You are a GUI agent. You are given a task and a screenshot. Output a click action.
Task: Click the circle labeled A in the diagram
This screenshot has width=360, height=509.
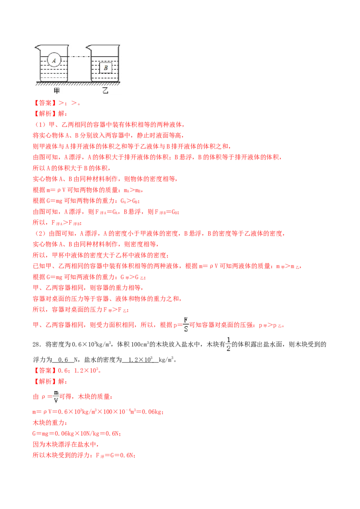(x=54, y=60)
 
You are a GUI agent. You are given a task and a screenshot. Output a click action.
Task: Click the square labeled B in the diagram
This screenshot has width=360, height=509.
(x=106, y=68)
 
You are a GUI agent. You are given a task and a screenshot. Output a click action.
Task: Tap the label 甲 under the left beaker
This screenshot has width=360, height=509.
(x=56, y=90)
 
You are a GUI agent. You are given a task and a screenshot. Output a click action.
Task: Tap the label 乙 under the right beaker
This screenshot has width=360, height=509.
(x=105, y=90)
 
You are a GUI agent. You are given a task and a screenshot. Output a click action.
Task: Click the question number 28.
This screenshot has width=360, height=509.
(x=36, y=344)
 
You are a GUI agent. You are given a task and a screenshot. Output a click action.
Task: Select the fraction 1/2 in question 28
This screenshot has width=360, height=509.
(x=229, y=344)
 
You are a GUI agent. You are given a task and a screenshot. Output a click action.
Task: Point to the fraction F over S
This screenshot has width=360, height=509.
(x=186, y=325)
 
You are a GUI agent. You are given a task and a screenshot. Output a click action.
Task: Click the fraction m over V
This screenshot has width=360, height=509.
(x=56, y=397)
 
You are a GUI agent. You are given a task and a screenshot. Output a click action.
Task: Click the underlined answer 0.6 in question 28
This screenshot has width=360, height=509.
(x=63, y=360)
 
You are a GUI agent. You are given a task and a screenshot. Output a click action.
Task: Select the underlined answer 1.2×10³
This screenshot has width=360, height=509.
(x=140, y=360)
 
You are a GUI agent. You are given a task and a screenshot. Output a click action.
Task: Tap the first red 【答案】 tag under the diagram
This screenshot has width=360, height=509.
(x=45, y=103)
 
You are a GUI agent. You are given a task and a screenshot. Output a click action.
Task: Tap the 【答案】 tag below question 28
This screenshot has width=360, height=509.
(x=45, y=371)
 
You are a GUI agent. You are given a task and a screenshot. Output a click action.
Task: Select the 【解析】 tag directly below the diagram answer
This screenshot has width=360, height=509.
(x=45, y=114)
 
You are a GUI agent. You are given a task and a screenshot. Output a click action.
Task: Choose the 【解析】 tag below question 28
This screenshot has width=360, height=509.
(x=45, y=381)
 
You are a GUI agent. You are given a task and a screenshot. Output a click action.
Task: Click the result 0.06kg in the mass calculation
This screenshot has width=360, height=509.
(x=152, y=412)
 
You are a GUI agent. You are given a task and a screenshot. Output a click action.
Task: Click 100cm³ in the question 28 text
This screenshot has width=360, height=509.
(x=140, y=344)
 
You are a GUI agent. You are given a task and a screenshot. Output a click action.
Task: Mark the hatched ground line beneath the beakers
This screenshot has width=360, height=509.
(x=78, y=84)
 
